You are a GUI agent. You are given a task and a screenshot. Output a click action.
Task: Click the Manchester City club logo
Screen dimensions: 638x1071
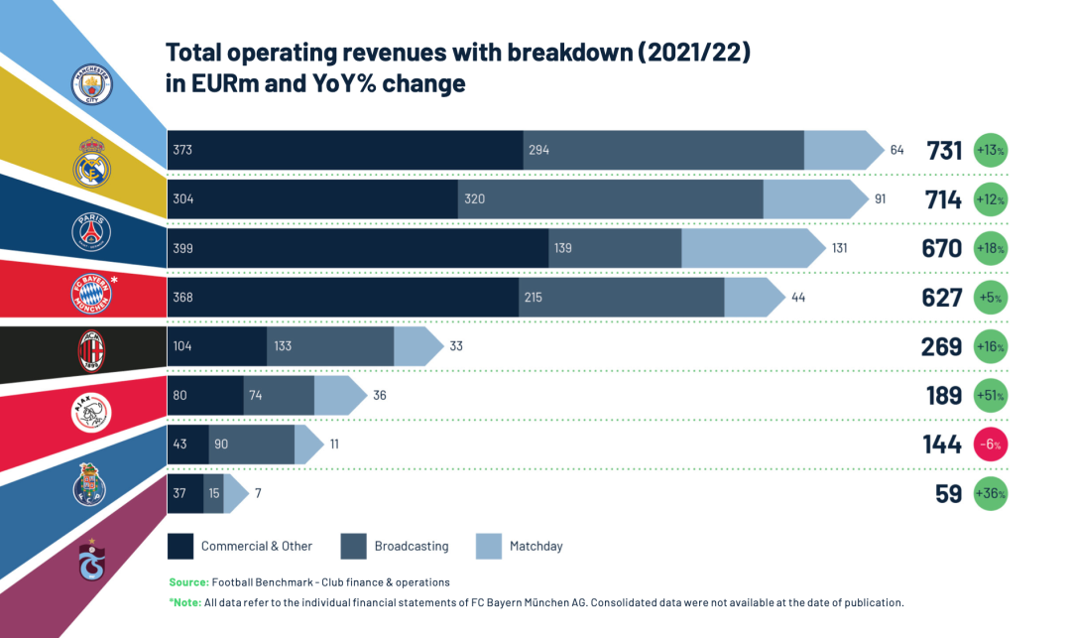92,84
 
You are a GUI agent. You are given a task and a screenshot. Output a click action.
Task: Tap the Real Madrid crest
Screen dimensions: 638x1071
92,162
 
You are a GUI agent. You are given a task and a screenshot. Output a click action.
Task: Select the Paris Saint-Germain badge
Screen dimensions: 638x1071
91,231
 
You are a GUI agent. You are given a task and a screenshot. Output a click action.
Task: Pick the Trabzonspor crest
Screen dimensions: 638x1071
92,561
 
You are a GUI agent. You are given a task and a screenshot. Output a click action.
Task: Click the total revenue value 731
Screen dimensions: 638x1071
944,151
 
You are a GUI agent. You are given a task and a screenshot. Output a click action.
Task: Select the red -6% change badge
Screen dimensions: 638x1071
991,445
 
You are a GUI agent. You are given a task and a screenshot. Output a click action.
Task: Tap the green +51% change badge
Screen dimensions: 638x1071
991,396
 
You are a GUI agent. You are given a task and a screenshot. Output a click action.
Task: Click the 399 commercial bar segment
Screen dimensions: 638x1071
357,248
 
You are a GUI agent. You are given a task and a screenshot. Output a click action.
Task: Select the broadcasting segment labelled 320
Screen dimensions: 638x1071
610,199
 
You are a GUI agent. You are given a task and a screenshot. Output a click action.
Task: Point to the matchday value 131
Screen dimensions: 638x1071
839,248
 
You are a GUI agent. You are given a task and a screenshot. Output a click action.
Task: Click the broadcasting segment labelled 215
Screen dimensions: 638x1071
621,297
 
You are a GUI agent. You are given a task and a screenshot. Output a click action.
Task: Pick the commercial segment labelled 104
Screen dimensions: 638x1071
216,346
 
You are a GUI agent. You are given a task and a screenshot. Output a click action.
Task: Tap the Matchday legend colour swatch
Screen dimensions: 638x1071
489,546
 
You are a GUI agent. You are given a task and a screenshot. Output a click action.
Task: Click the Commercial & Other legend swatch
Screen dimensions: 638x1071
180,546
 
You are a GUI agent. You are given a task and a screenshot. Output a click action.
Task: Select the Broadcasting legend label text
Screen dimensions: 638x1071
411,546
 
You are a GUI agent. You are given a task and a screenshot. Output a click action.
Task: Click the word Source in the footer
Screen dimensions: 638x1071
188,581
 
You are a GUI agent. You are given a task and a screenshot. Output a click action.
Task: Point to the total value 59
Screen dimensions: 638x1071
948,493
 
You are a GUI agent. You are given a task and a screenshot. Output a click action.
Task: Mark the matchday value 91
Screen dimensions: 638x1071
880,199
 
